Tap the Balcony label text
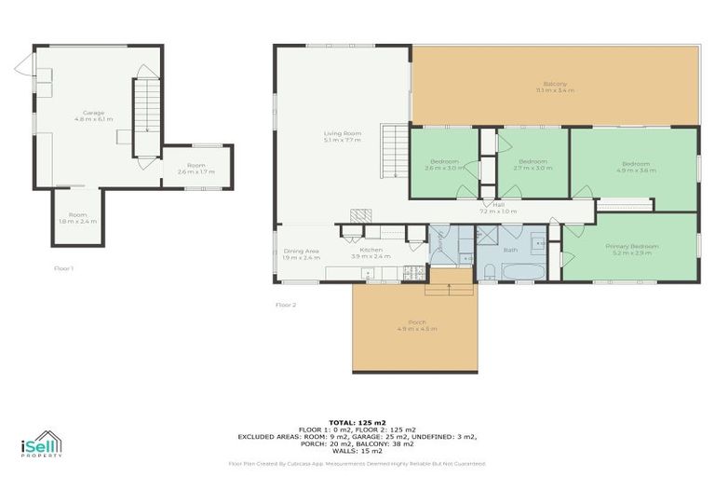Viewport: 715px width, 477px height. [x=555, y=87]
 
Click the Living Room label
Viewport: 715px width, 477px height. [x=342, y=137]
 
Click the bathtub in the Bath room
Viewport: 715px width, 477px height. [x=524, y=271]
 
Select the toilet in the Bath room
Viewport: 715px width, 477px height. [x=489, y=271]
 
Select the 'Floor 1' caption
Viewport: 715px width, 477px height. [x=63, y=268]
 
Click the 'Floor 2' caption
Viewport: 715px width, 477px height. [x=286, y=305]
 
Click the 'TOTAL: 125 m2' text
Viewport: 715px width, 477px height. [x=357, y=422]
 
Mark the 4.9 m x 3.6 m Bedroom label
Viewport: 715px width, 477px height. [x=636, y=168]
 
